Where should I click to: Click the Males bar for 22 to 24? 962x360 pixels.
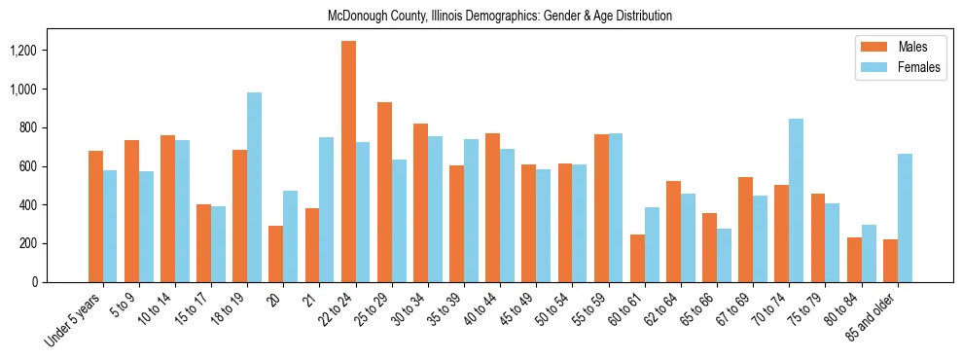click(x=348, y=162)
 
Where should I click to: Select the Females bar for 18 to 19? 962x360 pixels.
click(x=255, y=187)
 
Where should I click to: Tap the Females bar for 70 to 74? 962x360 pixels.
click(x=796, y=200)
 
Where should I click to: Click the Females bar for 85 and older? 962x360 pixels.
click(x=905, y=218)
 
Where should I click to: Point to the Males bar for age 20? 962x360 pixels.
click(x=276, y=254)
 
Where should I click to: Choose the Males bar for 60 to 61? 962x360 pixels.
click(x=637, y=258)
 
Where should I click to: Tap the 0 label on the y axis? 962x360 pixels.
click(x=60, y=282)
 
